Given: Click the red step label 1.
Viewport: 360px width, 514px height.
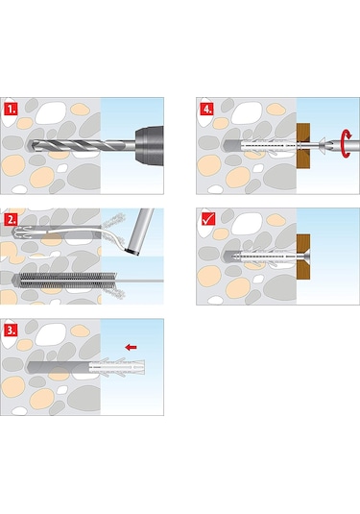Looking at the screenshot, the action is tap(12, 109).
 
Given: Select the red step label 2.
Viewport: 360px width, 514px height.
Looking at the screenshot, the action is tap(12, 219).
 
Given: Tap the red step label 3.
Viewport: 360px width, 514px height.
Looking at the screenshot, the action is tap(12, 330).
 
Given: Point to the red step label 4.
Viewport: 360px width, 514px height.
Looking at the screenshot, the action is tap(207, 109).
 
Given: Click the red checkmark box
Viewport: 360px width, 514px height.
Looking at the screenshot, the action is tap(207, 219).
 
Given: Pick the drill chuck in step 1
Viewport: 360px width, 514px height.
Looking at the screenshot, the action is tap(149, 145).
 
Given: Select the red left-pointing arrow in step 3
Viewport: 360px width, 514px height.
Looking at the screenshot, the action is tap(131, 347).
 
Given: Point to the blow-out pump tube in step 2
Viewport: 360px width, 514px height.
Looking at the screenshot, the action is tap(140, 232).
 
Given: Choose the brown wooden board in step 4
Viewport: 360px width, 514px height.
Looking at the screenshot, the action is tap(303, 146).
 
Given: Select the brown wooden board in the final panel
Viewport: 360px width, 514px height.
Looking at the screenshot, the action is tap(303, 257).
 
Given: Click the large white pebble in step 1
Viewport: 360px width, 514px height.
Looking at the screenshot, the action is tap(51, 112).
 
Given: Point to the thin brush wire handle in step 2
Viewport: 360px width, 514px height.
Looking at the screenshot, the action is tap(140, 281).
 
